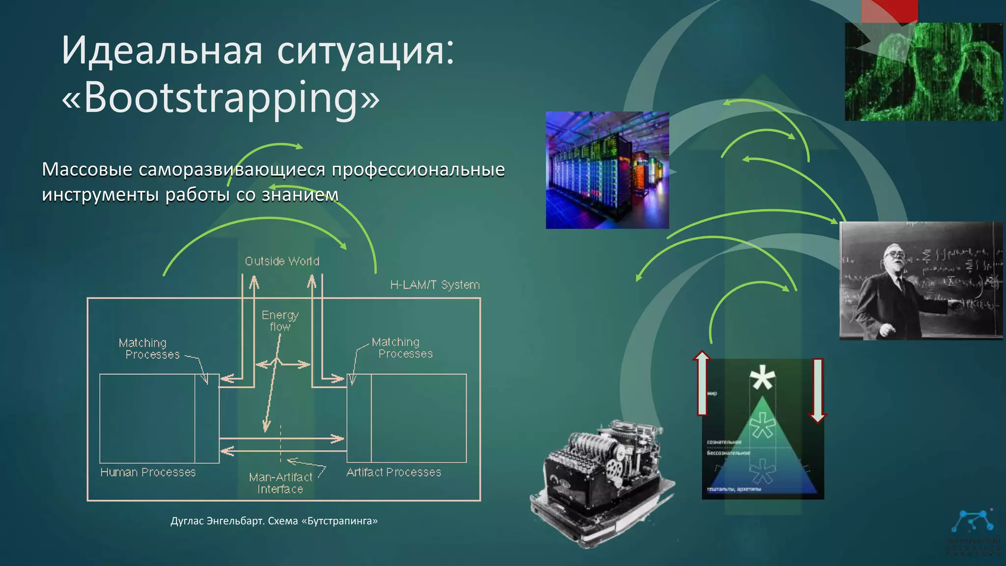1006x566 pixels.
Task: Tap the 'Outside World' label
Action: click(282, 261)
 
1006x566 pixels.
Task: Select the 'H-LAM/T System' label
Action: click(435, 284)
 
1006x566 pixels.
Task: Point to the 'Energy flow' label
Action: click(280, 320)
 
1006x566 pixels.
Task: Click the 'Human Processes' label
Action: click(148, 472)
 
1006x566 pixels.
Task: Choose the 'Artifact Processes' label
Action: click(393, 472)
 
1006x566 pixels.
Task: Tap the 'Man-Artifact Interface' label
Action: click(280, 483)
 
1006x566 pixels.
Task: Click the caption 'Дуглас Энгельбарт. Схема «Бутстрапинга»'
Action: click(274, 521)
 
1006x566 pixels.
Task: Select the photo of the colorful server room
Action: click(607, 170)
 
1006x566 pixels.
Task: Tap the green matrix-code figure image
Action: click(923, 71)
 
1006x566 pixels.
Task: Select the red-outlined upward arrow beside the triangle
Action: click(702, 383)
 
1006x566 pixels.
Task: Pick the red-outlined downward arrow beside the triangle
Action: click(817, 391)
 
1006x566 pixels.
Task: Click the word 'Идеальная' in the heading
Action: click(162, 50)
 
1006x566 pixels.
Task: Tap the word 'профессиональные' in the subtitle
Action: click(418, 169)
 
